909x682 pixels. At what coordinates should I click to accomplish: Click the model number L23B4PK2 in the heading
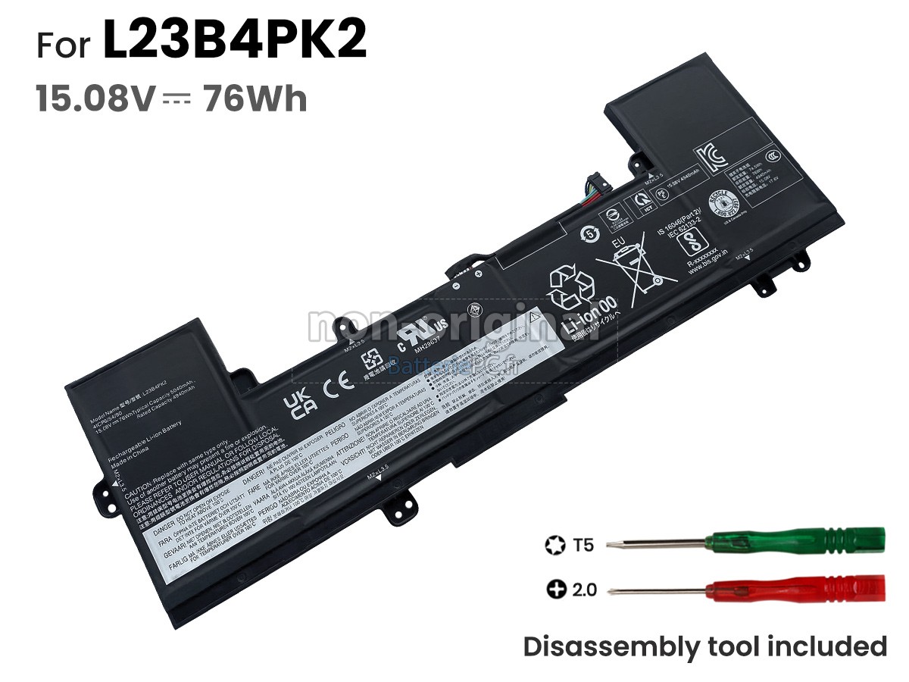point(234,42)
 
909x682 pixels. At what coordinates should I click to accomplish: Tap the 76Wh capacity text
point(255,99)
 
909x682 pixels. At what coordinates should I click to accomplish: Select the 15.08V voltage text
point(95,99)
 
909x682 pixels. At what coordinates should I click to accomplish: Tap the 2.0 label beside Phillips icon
point(584,590)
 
